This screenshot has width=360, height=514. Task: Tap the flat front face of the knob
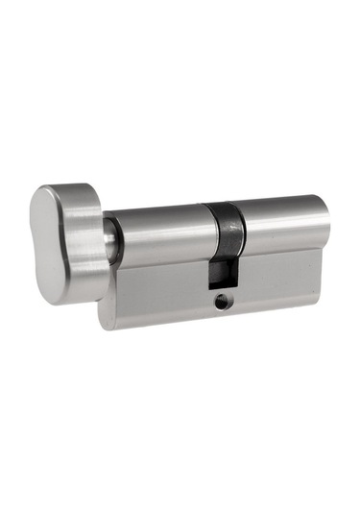(53, 245)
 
